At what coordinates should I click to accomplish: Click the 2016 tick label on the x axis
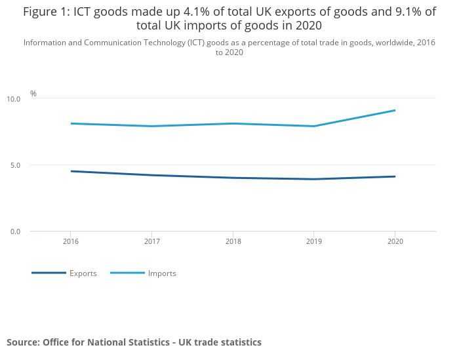(71, 242)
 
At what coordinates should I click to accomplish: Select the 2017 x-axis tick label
(151, 242)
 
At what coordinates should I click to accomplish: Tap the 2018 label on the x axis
(232, 242)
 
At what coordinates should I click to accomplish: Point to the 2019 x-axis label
(313, 242)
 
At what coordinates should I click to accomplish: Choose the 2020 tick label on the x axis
(394, 242)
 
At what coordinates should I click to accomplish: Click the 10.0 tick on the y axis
(14, 99)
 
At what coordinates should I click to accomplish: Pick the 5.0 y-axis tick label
(15, 165)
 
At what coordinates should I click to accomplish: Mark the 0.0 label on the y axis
(15, 231)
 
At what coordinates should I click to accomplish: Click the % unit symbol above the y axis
(33, 94)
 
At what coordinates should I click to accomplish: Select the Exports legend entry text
(83, 273)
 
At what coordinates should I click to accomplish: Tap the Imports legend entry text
(162, 273)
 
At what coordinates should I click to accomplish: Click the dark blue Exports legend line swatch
(49, 273)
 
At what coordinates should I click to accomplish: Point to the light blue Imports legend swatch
(127, 273)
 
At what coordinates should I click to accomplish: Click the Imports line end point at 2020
(394, 110)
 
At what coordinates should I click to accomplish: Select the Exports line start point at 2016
(71, 171)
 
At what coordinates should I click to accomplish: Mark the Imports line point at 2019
(313, 126)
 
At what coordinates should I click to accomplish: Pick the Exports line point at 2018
(232, 178)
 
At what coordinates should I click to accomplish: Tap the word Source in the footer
(23, 342)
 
